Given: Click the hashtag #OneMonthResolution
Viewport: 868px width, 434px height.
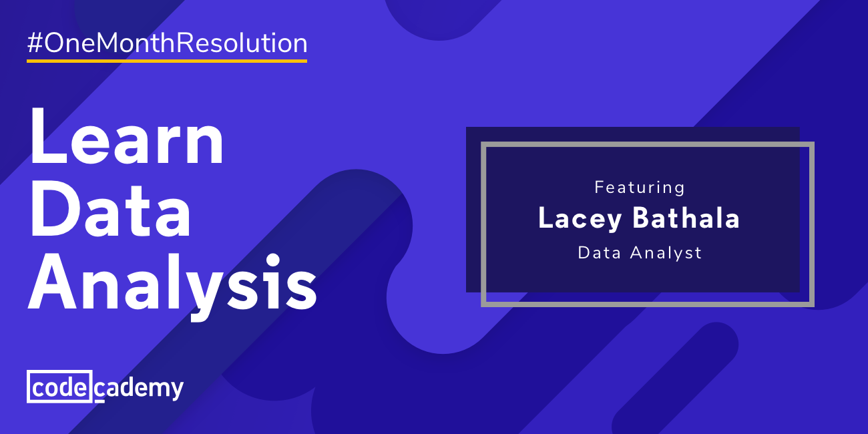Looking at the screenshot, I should pyautogui.click(x=167, y=44).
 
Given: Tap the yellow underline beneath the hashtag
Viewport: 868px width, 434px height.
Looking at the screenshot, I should pyautogui.click(x=167, y=61).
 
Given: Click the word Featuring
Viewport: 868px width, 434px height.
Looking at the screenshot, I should pyautogui.click(x=640, y=188).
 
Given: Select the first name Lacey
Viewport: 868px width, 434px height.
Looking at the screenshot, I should pyautogui.click(x=579, y=220).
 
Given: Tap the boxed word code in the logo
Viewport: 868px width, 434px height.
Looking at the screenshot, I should pyautogui.click(x=59, y=387).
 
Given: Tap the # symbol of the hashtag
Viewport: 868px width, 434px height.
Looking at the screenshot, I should pyautogui.click(x=35, y=44).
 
